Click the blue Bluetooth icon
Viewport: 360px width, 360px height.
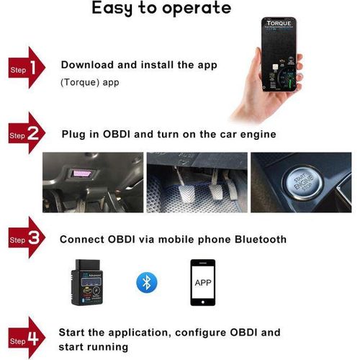[x=147, y=281]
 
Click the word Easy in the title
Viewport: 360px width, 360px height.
[x=117, y=9]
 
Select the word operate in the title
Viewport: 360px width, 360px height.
[x=198, y=9]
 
